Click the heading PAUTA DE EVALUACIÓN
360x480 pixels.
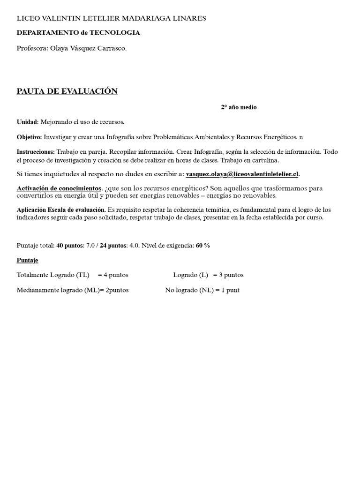click(x=67, y=91)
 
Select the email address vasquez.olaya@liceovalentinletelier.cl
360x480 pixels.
click(x=242, y=174)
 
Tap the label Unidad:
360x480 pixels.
click(x=28, y=122)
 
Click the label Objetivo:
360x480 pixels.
click(x=29, y=137)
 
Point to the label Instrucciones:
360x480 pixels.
click(x=36, y=152)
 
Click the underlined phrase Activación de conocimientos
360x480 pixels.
click(x=59, y=188)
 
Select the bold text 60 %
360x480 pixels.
click(x=203, y=246)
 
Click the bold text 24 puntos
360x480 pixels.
click(x=113, y=246)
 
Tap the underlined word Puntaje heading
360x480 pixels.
click(x=28, y=260)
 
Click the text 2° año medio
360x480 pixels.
click(x=239, y=107)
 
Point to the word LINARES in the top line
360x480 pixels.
click(x=191, y=18)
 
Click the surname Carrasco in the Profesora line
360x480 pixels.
click(x=111, y=48)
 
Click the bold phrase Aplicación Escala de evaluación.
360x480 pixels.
click(x=61, y=210)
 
